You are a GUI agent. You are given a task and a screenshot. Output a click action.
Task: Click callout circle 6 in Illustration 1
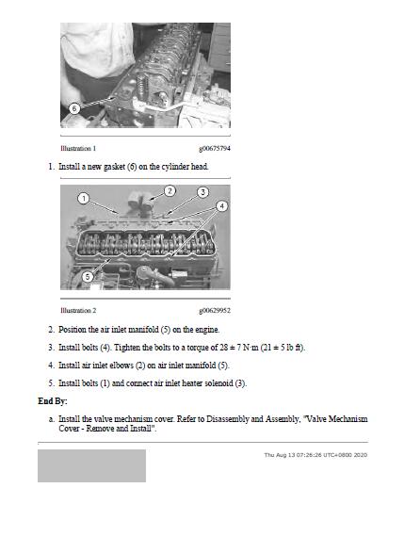point(74,108)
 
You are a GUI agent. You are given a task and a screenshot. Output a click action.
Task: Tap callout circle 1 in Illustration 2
point(84,199)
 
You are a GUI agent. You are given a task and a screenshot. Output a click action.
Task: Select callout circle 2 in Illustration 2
point(170,191)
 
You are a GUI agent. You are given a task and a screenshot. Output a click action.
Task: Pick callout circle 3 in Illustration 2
point(202,192)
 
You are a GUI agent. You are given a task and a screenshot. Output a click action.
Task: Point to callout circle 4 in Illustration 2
point(221,206)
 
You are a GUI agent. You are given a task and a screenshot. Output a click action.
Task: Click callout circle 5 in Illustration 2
point(88,277)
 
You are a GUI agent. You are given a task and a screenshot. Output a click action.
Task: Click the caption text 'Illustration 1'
point(78,149)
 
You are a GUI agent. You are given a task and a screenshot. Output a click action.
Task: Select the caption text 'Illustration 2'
point(78,311)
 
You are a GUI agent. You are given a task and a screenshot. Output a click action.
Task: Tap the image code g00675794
point(215,149)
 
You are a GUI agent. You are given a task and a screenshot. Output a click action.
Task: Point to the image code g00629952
point(215,311)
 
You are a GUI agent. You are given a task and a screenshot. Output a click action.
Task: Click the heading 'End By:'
point(53,401)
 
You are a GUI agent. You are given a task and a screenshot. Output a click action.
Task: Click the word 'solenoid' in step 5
point(218,383)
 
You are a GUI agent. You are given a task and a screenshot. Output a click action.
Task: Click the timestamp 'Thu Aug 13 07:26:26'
point(293,455)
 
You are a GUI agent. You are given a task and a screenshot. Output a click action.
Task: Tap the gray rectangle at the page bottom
point(91,465)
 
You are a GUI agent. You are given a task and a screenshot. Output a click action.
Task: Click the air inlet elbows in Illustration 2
point(141,203)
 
